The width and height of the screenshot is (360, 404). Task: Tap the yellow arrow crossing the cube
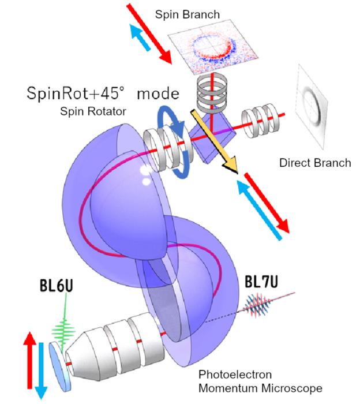[x=215, y=143]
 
